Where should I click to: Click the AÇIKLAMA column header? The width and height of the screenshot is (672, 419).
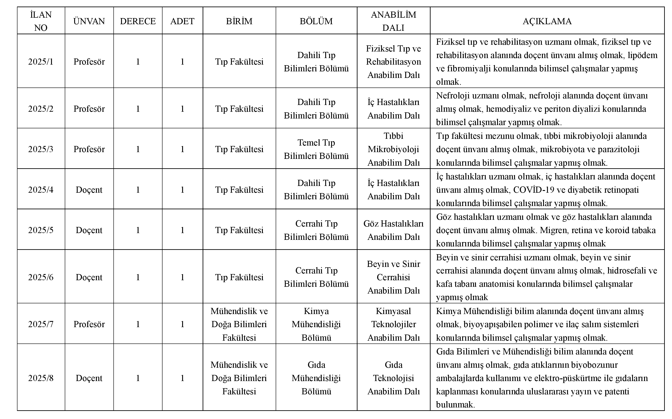tap(547, 21)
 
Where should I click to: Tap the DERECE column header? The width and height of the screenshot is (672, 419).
tap(138, 21)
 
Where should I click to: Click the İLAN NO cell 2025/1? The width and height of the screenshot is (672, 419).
tap(41, 62)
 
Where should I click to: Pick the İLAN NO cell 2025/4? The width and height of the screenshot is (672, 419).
tap(41, 190)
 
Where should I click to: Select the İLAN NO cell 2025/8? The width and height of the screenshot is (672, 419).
tap(41, 378)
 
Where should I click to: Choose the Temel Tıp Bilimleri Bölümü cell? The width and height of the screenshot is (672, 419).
tap(316, 149)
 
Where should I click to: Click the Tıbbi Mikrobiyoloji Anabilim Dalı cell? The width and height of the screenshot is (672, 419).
tap(393, 149)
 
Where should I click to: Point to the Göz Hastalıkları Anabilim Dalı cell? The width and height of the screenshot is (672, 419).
tap(393, 230)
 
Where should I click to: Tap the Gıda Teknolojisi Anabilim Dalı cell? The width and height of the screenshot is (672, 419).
tap(393, 378)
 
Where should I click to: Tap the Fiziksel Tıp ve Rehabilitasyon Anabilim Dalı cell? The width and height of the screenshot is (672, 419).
tap(393, 62)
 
